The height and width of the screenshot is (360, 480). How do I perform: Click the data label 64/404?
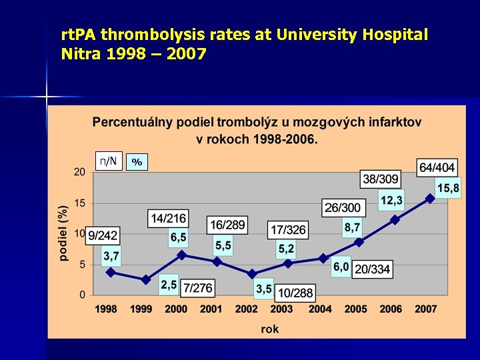pos(437,168)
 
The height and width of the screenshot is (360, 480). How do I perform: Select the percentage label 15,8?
pos(447,189)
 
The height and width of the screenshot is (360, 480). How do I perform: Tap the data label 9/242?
pos(103,235)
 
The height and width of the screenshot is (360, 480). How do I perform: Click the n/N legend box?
pos(108,161)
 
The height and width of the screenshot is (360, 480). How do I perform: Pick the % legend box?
pos(137,162)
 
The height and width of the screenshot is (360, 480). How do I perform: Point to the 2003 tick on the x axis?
pos(281,309)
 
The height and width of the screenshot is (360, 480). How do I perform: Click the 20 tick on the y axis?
pos(79,172)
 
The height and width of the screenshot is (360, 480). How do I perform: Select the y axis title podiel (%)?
pos(63,232)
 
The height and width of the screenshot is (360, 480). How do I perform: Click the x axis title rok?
pos(270,329)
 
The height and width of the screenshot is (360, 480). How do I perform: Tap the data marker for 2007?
pos(430,198)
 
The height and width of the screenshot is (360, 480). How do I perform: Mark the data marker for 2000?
pos(181,255)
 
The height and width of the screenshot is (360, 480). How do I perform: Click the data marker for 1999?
pos(146,280)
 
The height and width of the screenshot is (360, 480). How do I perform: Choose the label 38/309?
pos(381,179)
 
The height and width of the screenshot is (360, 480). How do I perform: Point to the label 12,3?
pos(391,200)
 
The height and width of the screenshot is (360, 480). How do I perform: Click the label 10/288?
pos(294,293)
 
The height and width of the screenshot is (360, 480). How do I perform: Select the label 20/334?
pos(372,269)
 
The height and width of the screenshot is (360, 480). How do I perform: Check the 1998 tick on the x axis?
pos(106,309)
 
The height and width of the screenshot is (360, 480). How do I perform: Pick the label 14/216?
pos(169,218)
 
